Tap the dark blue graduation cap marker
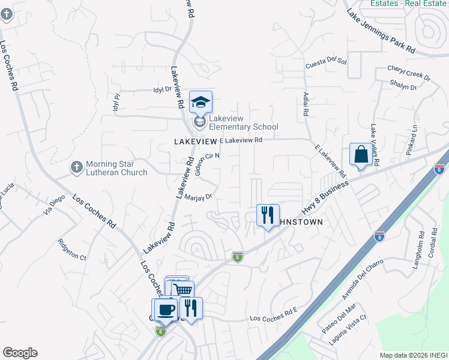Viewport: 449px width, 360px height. pyautogui.click(x=200, y=102)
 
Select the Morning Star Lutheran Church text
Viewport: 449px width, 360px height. pyautogui.click(x=116, y=168)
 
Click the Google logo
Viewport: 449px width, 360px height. pyautogui.click(x=20, y=353)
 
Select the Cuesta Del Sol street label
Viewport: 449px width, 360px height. pyautogui.click(x=327, y=62)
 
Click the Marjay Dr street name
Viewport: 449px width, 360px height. pyautogui.click(x=199, y=196)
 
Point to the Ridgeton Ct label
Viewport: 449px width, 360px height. pyautogui.click(x=72, y=249)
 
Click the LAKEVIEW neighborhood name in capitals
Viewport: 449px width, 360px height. pyautogui.click(x=194, y=140)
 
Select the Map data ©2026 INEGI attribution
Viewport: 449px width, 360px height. pyautogui.click(x=414, y=355)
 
